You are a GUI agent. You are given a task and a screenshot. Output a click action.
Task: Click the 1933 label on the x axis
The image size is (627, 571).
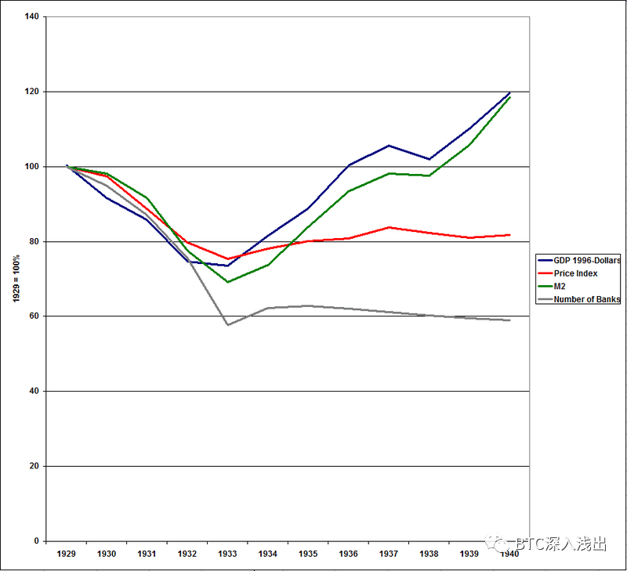coord(227,554)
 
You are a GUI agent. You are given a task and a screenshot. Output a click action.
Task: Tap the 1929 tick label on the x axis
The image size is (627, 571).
coord(67,554)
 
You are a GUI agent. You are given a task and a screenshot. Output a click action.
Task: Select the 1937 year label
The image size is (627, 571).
coord(389,554)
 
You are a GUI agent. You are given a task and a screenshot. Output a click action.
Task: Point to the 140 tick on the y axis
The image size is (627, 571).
coord(31,16)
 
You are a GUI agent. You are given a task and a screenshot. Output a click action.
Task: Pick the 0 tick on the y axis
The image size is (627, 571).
coord(37,541)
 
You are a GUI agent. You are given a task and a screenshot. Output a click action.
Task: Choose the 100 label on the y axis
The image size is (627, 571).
coord(31,167)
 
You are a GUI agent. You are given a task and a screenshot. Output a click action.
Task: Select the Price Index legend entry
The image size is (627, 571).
coord(576,273)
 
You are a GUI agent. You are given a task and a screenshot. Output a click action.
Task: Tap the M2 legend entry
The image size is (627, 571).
coord(560,286)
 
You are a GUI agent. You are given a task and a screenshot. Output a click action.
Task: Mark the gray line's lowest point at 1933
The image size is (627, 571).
coord(228,324)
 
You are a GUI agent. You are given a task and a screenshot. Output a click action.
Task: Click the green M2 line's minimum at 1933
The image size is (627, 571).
coord(228,282)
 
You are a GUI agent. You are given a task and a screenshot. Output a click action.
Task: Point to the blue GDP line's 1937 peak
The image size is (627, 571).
coord(389,146)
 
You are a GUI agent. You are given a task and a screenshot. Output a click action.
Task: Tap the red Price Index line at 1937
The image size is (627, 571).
coord(389,227)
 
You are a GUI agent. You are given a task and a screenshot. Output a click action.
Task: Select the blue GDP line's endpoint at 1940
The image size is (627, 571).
coord(509,93)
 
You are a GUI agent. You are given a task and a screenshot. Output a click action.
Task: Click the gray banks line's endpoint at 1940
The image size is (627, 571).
coord(509,320)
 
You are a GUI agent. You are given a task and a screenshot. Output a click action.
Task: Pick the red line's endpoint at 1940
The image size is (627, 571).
coord(509,235)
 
